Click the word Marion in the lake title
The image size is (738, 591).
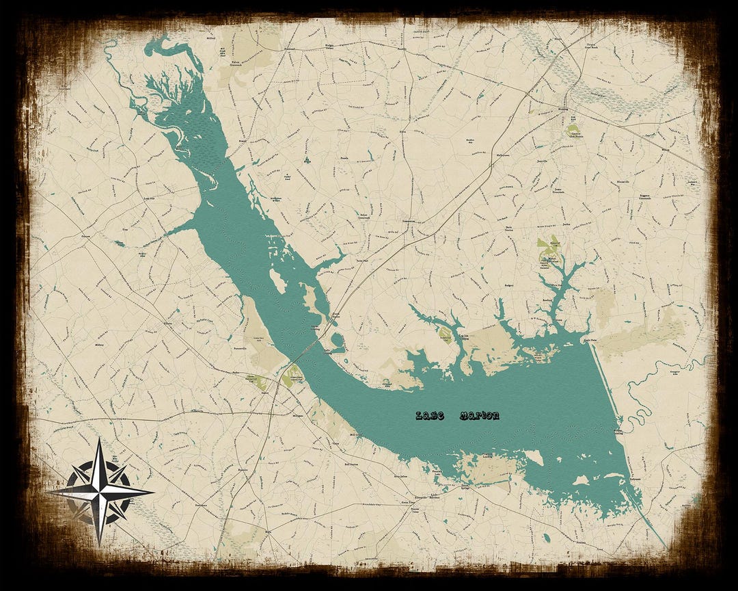click(479, 415)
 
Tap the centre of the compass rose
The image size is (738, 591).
click(100, 491)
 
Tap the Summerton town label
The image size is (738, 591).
click(409, 220)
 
